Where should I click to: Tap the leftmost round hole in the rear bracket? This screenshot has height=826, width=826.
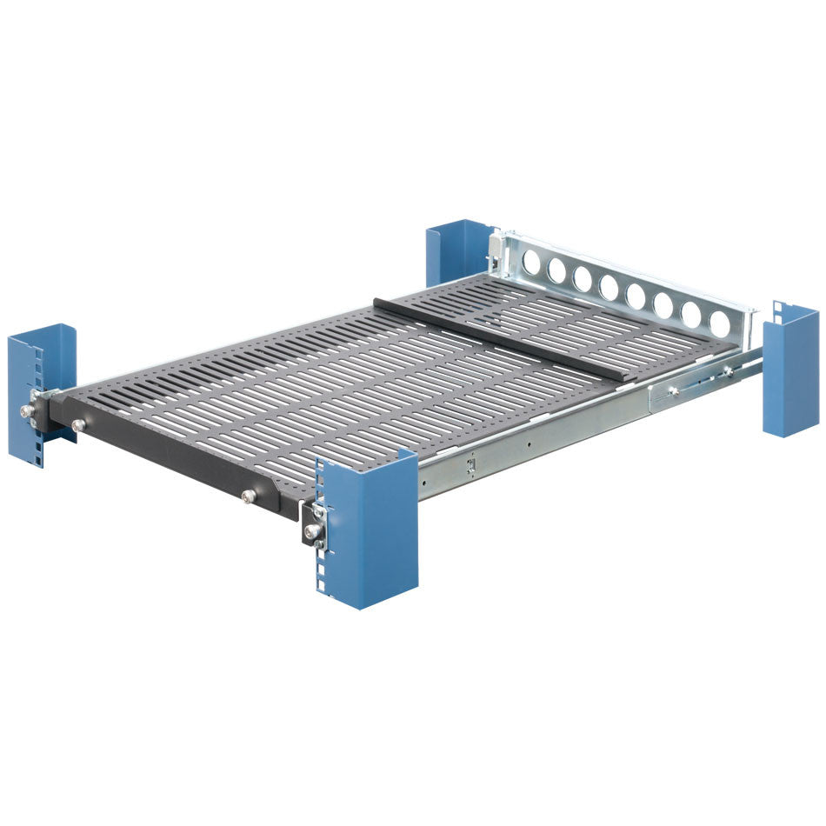pos(532,260)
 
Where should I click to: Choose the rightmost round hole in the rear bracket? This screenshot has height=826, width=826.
pos(719,323)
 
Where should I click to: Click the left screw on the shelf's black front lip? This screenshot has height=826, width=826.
pos(79,424)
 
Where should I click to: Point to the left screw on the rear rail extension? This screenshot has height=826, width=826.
pos(672,391)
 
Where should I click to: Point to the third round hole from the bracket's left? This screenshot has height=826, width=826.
pos(583,277)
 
